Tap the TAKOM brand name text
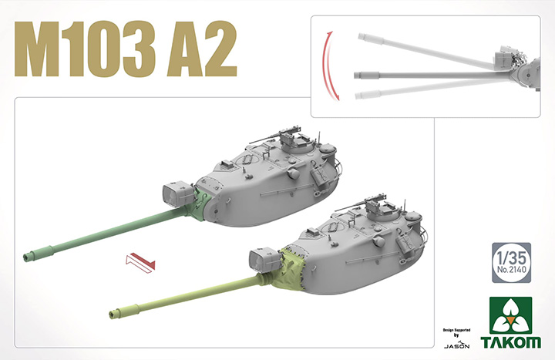[x=513, y=340]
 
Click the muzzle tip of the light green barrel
[x=114, y=313]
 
